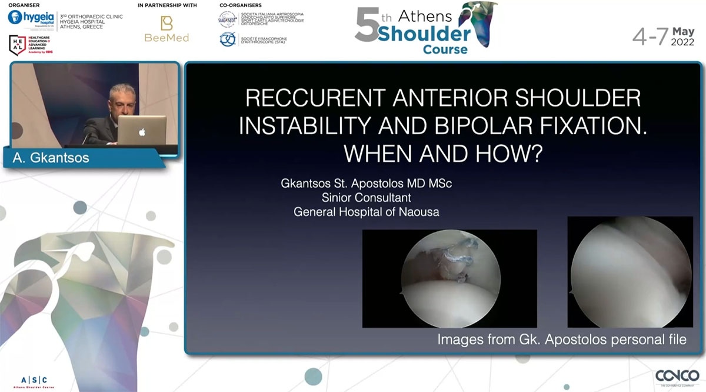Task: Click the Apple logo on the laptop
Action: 142,131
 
